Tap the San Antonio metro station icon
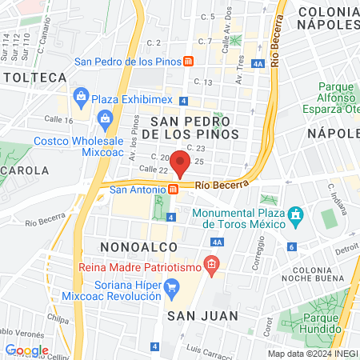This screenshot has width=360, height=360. point(174,190)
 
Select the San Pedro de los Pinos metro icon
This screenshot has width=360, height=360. point(187,61)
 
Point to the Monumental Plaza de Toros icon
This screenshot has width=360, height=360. point(296,215)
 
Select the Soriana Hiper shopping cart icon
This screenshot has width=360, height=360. point(171,286)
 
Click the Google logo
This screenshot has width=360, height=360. point(26,350)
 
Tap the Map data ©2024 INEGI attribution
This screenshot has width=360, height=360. point(312,354)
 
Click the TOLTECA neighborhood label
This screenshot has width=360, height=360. point(34,78)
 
